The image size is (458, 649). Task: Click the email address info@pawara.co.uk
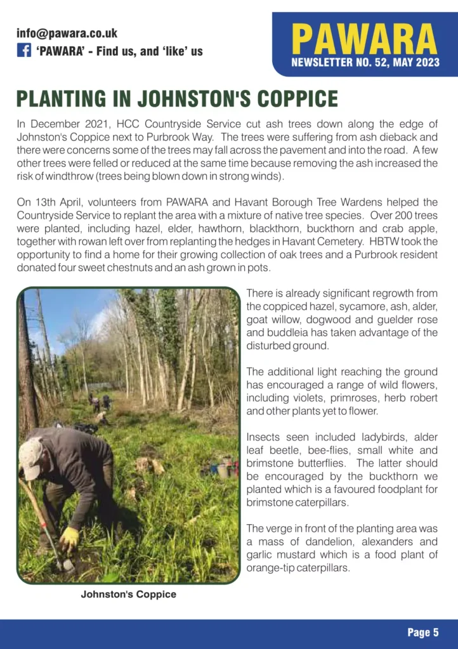67,34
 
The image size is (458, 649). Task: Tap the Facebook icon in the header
23,51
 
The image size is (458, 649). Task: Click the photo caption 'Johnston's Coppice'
128,594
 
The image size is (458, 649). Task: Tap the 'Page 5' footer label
422,632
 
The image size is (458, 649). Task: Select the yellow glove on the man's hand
69,539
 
